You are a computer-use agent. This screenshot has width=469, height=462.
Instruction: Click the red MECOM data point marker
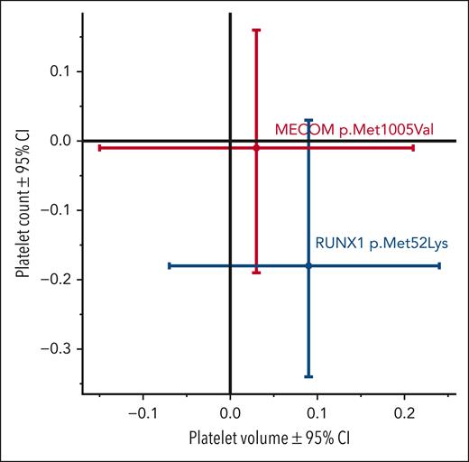tap(257, 147)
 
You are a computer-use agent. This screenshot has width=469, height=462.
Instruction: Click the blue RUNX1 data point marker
tap(308, 265)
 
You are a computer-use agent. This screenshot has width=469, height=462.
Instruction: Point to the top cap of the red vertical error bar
tap(257, 30)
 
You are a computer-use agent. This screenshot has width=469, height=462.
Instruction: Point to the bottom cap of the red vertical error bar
tap(257, 272)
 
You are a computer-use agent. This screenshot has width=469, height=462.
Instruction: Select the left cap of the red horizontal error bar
tap(98, 147)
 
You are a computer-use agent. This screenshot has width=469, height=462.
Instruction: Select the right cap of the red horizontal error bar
tap(413, 147)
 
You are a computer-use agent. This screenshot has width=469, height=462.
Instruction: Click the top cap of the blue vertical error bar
tap(308, 119)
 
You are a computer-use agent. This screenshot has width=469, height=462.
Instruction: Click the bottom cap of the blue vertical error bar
tap(308, 376)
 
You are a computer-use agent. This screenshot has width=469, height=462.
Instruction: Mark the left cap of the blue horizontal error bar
tap(169, 265)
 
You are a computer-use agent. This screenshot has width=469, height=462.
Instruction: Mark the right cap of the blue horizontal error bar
tap(439, 265)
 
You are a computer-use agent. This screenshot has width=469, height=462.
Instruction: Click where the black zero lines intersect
tap(231, 141)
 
